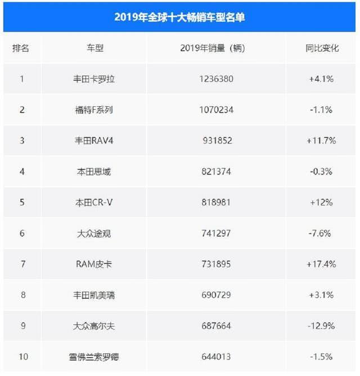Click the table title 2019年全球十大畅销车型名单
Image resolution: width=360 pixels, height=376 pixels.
pyautogui.click(x=179, y=17)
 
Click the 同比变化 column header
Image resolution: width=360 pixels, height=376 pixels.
pyautogui.click(x=321, y=48)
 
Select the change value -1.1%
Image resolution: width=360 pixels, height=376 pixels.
pyautogui.click(x=321, y=110)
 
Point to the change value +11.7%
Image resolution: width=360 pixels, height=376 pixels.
pyautogui.click(x=322, y=140)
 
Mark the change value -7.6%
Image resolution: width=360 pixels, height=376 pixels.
pyautogui.click(x=321, y=232)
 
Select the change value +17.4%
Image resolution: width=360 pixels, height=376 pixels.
pyautogui.click(x=322, y=263)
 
